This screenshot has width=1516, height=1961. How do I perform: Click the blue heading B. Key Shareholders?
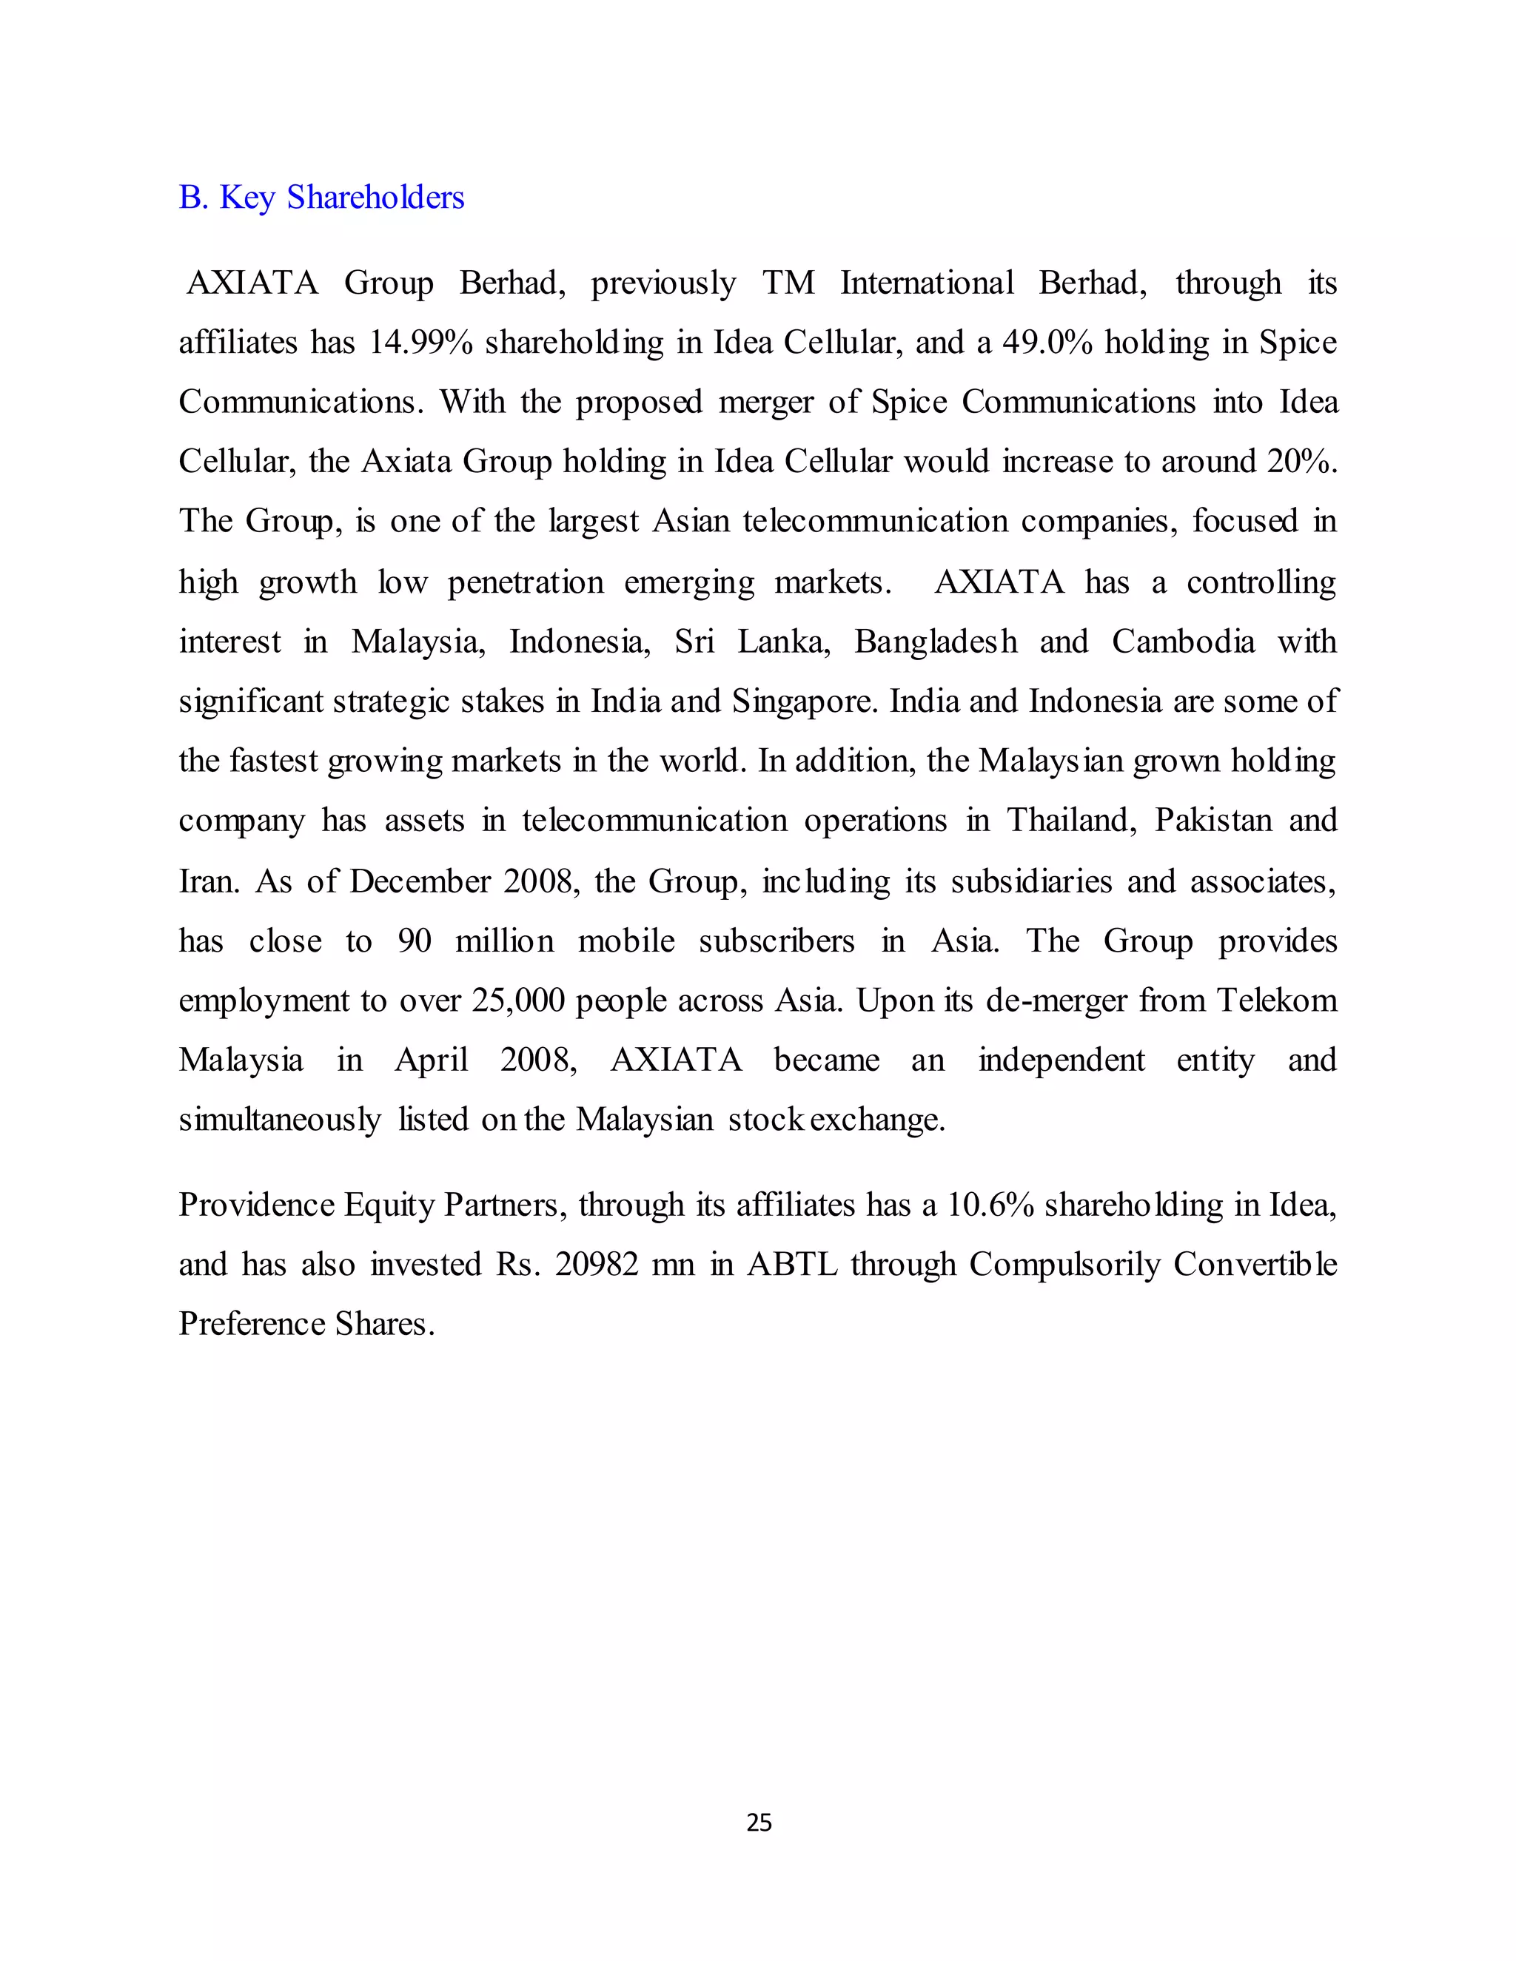pos(321,198)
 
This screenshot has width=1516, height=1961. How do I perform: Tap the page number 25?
pos(759,1822)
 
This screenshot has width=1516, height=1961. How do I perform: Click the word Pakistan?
pos(1213,820)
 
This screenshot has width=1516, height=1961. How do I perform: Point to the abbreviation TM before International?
pos(788,283)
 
